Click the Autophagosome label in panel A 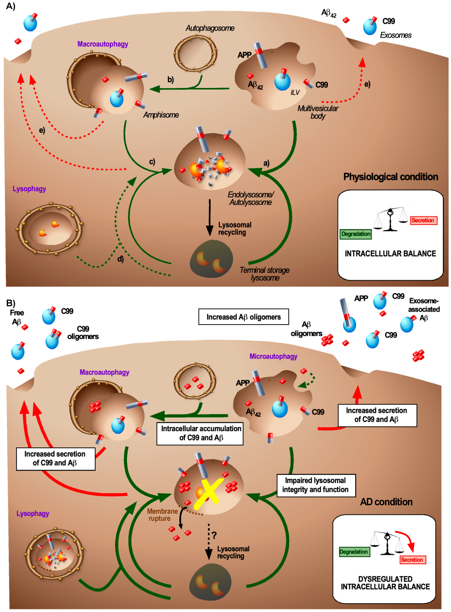[210, 28]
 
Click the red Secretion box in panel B [413, 560]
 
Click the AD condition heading [386, 502]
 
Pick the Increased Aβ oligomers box [244, 317]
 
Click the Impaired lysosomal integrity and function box [316, 485]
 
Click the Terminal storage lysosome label [265, 274]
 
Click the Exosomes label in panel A [396, 35]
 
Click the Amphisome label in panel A [161, 115]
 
